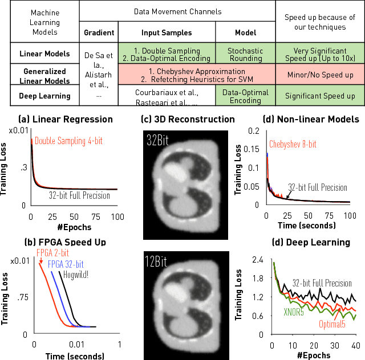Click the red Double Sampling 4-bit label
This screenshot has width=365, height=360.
pyautogui.click(x=68, y=140)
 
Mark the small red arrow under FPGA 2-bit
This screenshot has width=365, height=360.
pyautogui.click(x=40, y=260)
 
